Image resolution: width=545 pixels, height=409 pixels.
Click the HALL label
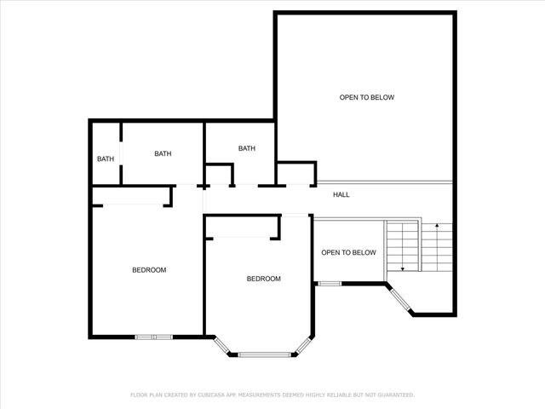(x=341, y=195)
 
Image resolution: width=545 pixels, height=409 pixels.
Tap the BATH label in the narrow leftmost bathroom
(x=105, y=158)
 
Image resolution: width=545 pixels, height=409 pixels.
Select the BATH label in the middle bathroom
(x=163, y=154)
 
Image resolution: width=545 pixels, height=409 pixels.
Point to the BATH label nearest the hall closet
(x=246, y=149)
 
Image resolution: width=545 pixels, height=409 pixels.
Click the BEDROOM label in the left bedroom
(x=149, y=270)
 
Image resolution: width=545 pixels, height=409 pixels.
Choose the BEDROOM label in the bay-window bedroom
(x=263, y=279)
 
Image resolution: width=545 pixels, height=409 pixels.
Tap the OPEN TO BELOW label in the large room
(x=367, y=98)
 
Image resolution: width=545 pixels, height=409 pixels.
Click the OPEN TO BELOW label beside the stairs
(x=348, y=253)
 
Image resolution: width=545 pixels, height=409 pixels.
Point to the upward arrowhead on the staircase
(x=437, y=226)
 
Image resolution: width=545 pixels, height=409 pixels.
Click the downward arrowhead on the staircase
(x=402, y=268)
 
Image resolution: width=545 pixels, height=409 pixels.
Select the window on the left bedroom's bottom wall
(x=154, y=337)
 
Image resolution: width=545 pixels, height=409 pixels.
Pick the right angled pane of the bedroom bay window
(x=304, y=345)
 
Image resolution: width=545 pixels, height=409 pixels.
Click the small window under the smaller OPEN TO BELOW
(x=330, y=283)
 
